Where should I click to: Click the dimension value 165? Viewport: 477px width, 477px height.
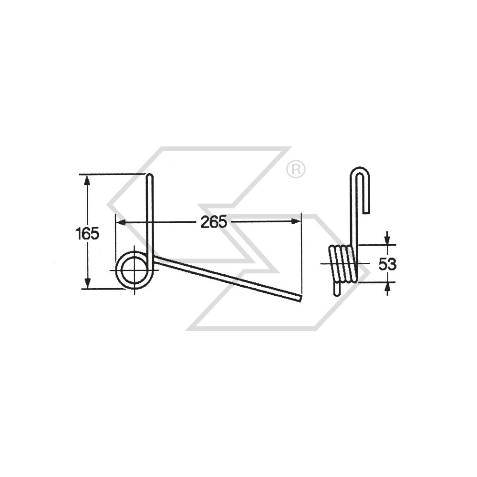[87, 234]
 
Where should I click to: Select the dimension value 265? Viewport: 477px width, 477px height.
[213, 222]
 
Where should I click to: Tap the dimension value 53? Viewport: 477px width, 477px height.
[387, 264]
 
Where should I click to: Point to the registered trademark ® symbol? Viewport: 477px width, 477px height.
[296, 169]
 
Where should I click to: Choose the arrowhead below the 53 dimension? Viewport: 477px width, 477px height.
[387, 287]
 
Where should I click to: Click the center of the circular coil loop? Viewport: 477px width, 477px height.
[134, 270]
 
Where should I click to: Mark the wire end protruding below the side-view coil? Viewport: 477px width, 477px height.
[337, 291]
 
